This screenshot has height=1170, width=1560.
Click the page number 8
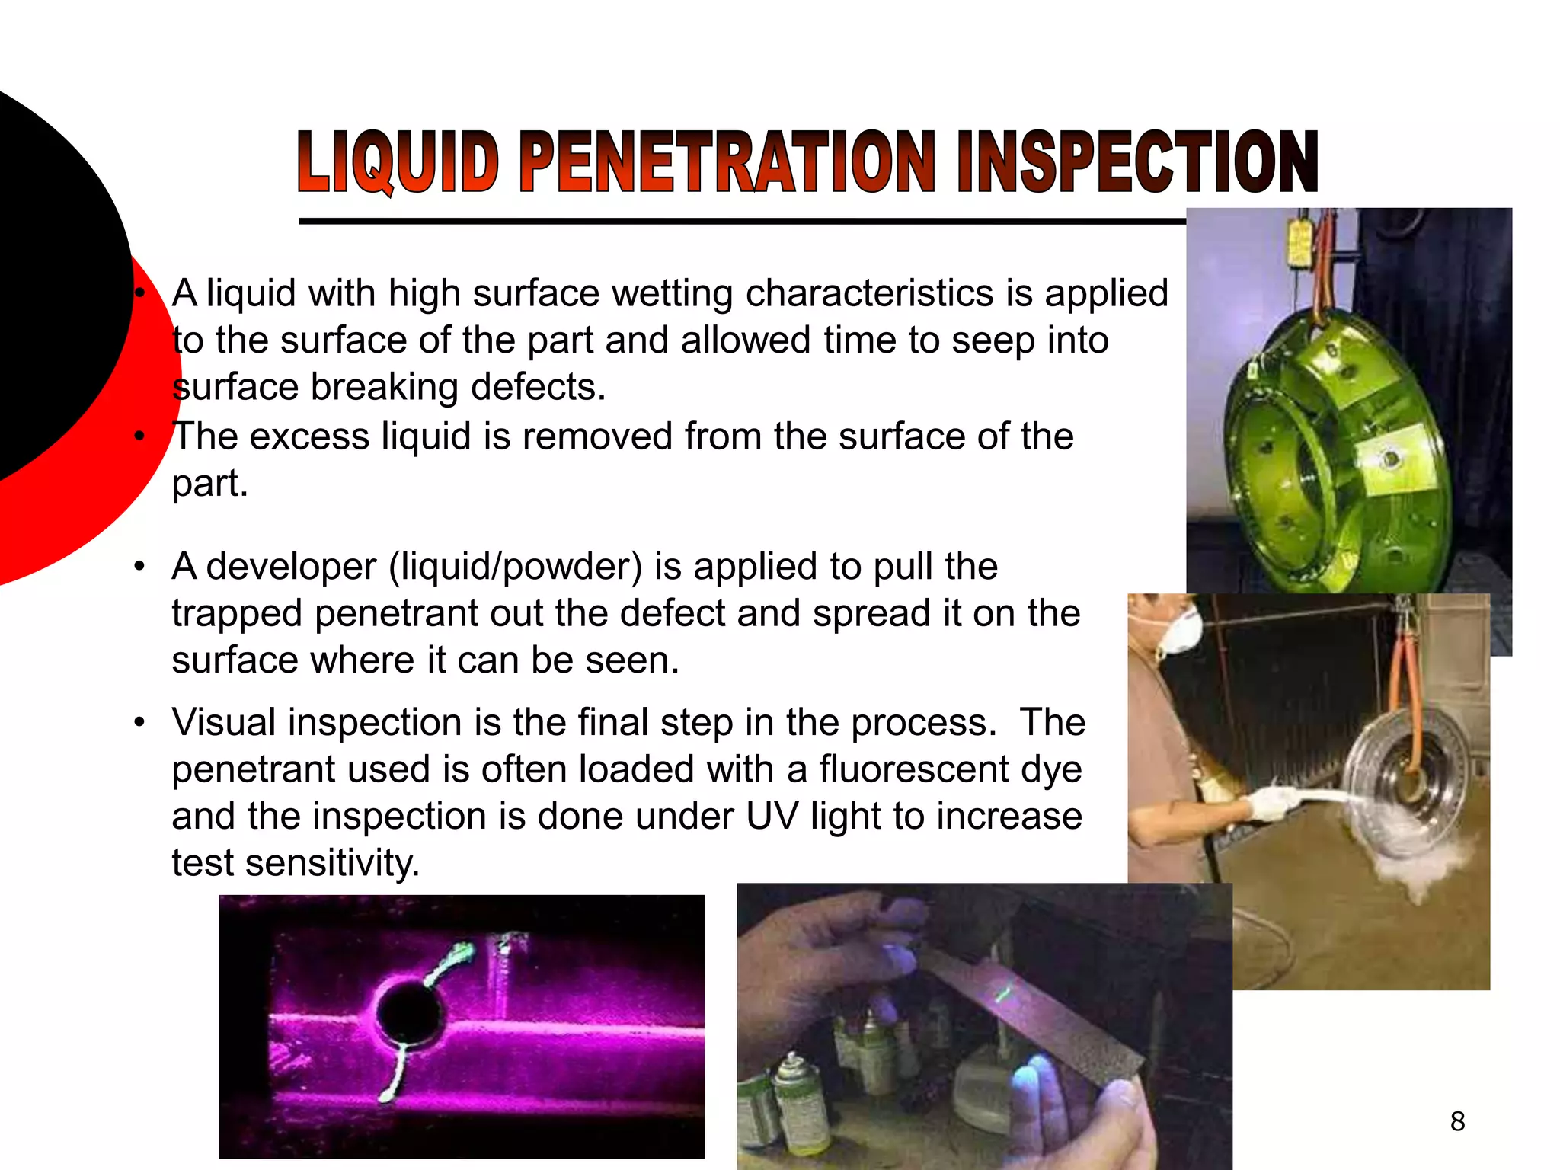tap(1457, 1122)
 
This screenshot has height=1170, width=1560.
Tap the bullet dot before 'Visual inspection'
tap(139, 722)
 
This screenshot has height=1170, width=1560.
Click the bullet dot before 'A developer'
tap(139, 567)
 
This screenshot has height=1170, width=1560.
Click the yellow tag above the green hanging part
tap(1299, 244)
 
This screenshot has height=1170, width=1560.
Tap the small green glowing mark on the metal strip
tap(1003, 993)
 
